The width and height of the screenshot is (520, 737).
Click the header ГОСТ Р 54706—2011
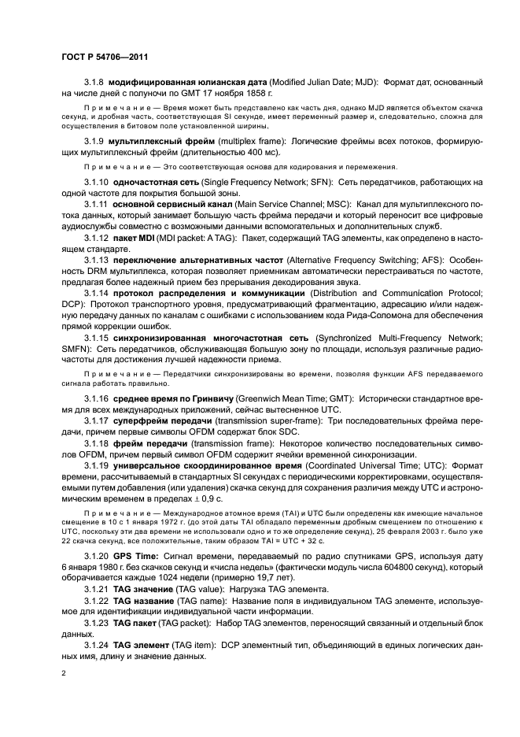(x=106, y=57)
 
